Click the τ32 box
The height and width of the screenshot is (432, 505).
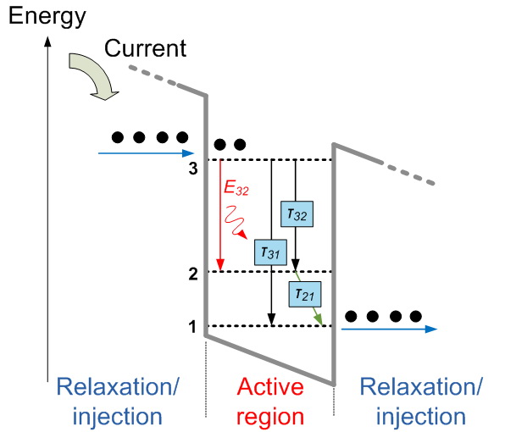pyautogui.click(x=297, y=214)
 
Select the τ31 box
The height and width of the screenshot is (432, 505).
pyautogui.click(x=270, y=252)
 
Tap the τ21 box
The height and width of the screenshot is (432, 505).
pyautogui.click(x=305, y=294)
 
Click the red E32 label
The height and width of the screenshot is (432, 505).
pyautogui.click(x=236, y=188)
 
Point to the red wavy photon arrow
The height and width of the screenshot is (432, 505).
pyautogui.click(x=235, y=221)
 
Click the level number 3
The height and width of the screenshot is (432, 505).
pyautogui.click(x=193, y=168)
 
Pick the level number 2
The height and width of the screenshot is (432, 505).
pyautogui.click(x=193, y=274)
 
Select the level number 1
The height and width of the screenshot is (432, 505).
pyautogui.click(x=192, y=327)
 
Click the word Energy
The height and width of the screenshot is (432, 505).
pyautogui.click(x=47, y=16)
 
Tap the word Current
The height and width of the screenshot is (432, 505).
pyautogui.click(x=145, y=48)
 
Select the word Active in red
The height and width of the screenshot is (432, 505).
pyautogui.click(x=270, y=386)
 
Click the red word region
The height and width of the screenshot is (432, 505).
pyautogui.click(x=270, y=417)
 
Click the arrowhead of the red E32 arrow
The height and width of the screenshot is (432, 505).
pyautogui.click(x=220, y=265)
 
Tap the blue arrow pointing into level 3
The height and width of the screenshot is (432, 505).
pyautogui.click(x=147, y=153)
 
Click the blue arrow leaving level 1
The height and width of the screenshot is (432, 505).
pyautogui.click(x=390, y=329)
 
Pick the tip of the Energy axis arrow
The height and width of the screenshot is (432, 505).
pyautogui.click(x=47, y=36)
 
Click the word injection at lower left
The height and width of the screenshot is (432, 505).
pyautogui.click(x=117, y=417)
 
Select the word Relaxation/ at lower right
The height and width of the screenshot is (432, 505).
pyautogui.click(x=421, y=386)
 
